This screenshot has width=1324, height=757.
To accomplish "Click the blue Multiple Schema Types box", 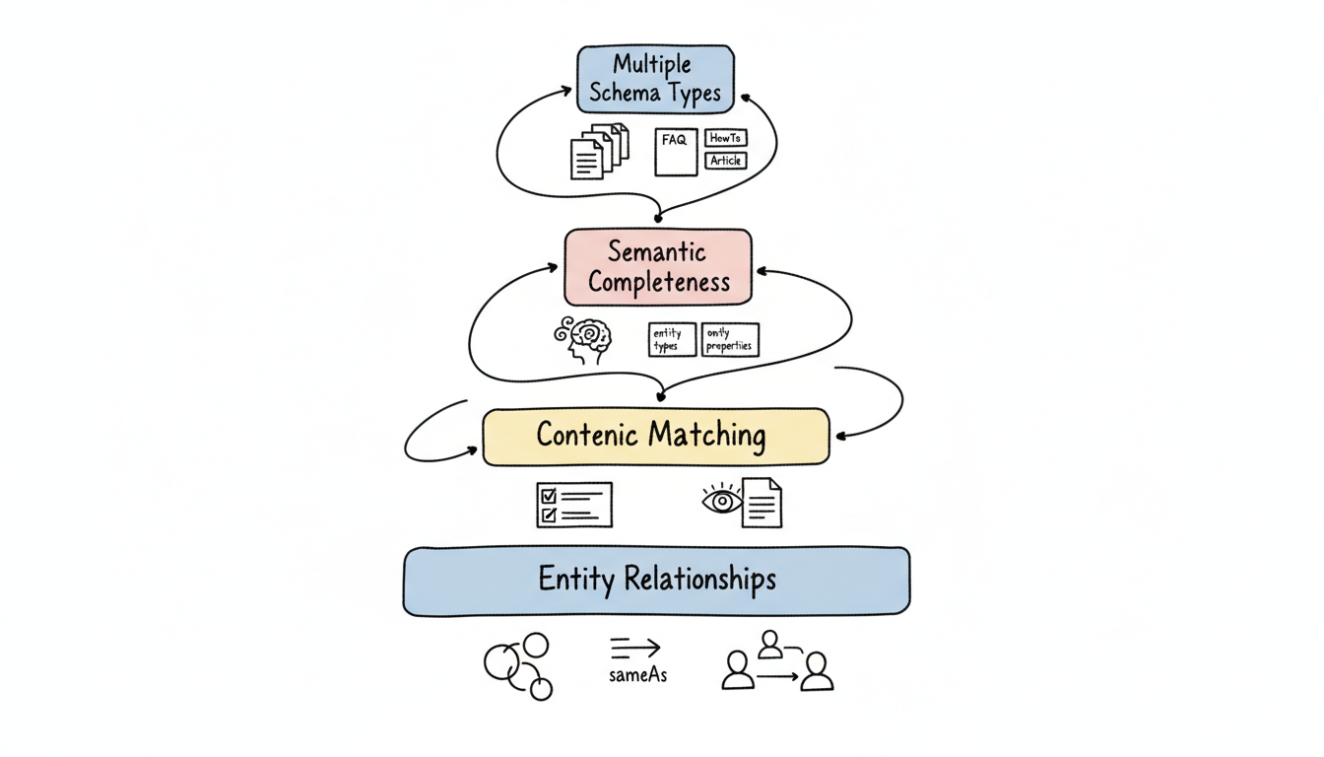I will pos(655,79).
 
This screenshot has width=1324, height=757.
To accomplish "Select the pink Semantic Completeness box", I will pos(657,267).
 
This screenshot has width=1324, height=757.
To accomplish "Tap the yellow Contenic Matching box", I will pos(655,437).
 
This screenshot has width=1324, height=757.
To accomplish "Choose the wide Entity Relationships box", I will pos(656,581).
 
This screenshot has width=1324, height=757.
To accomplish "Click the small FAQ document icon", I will pos(676,152).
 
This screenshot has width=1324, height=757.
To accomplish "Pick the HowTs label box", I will pos(726,138).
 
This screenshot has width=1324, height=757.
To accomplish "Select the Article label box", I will pos(726,161).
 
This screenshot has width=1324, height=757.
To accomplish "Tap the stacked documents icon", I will pos(599,151).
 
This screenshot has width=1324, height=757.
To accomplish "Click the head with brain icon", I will pos(583,339).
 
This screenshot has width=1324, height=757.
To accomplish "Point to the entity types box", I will pos(672,340).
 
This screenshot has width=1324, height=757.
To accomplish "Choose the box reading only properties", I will pos(730,340).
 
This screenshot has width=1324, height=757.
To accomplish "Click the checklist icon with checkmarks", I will pos(573,505).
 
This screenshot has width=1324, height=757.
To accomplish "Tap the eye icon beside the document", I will pos(721,501).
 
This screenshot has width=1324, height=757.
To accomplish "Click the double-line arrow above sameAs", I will pos(634,648).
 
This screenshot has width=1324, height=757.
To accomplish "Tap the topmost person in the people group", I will pos(770,645).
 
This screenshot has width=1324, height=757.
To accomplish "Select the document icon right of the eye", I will pos(762,502).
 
